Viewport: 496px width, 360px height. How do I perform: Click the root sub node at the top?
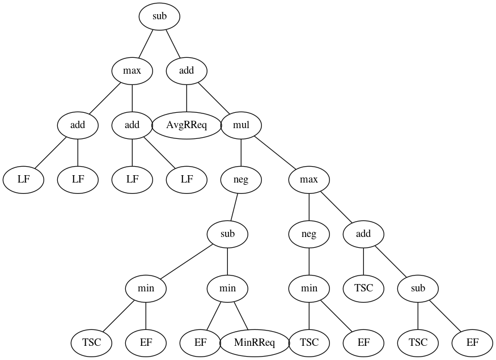pos(159,16)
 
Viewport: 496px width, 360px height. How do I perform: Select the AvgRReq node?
pos(186,125)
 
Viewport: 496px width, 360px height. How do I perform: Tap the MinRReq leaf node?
pos(255,343)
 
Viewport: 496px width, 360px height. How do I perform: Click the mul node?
pos(241,125)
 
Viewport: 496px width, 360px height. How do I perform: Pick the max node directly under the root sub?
pos(132,71)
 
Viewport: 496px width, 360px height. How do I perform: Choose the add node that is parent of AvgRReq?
pos(186,71)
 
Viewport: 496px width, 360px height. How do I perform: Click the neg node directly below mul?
pos(241,180)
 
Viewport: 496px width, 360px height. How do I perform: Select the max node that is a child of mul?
pos(309,180)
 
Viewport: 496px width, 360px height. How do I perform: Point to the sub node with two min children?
pos(227,234)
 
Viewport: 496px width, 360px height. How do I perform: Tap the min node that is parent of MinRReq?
pos(227,289)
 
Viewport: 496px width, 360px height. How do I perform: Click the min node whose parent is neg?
pos(309,289)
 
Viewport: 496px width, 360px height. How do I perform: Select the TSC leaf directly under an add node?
pos(363,289)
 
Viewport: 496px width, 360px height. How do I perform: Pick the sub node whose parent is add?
pos(418,289)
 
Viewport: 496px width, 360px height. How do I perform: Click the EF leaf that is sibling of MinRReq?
pos(200,343)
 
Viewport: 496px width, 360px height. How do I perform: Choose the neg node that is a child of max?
pos(309,234)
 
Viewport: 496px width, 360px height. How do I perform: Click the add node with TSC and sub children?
pos(363,234)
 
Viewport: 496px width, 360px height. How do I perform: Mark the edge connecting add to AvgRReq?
pos(186,98)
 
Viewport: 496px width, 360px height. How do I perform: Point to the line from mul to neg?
pos(241,153)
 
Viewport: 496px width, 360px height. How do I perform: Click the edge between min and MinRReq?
pos(241,316)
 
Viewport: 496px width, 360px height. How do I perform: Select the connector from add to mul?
pos(214,99)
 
